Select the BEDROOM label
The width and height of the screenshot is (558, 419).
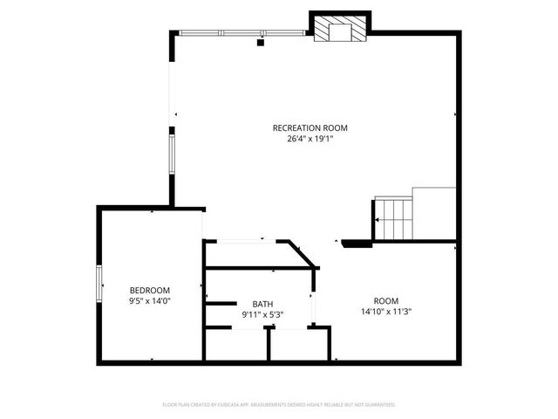pyautogui.click(x=150, y=290)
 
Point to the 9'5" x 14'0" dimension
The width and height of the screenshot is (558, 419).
pyautogui.click(x=150, y=300)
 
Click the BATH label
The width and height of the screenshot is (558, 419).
pyautogui.click(x=262, y=304)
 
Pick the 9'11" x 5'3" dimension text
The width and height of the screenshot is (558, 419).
pyautogui.click(x=262, y=314)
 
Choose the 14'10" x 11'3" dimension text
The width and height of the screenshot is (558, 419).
pyautogui.click(x=385, y=311)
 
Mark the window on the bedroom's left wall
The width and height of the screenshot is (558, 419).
pyautogui.click(x=99, y=283)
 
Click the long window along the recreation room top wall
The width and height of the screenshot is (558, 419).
pyautogui.click(x=243, y=33)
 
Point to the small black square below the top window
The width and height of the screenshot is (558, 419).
pyautogui.click(x=261, y=41)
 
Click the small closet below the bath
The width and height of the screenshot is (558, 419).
pyautogui.click(x=296, y=344)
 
